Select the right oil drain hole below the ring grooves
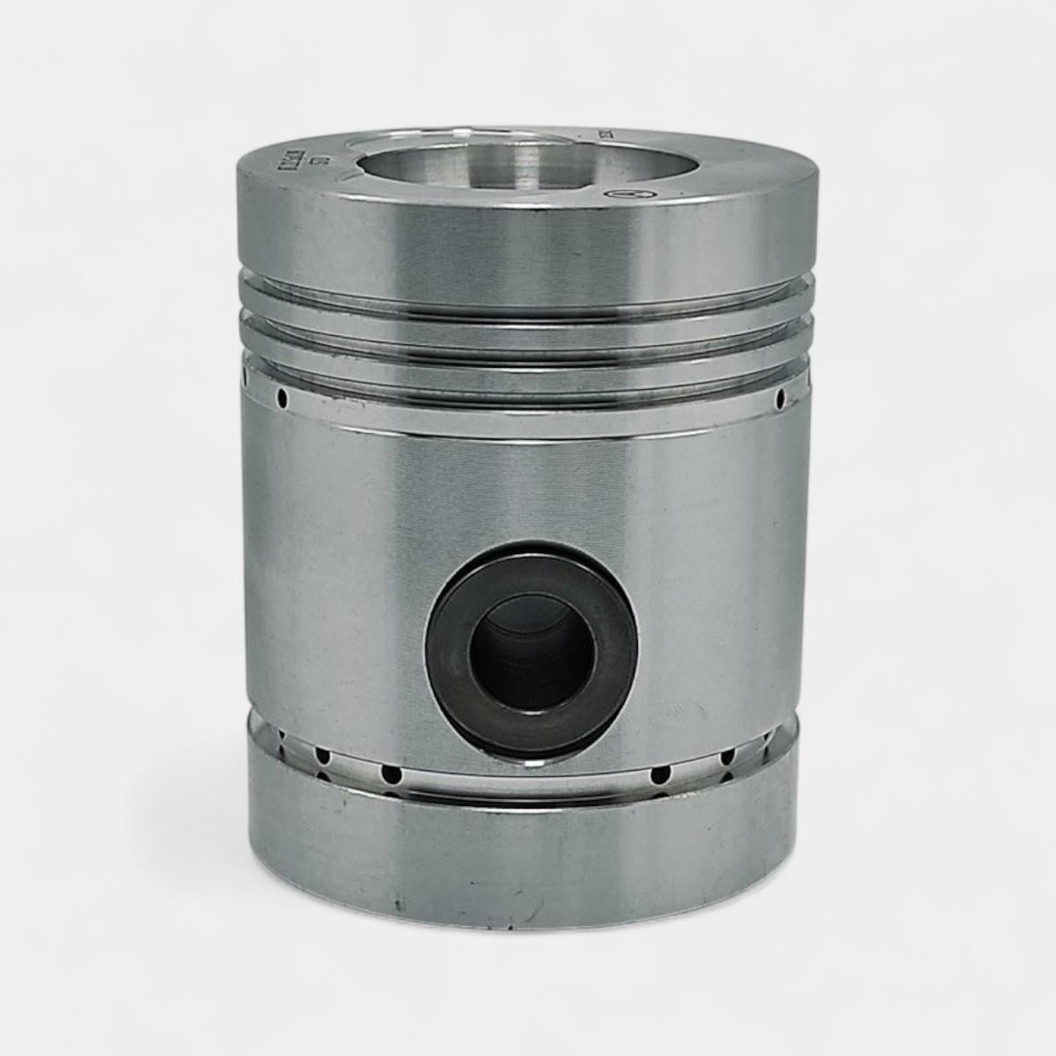(780, 400)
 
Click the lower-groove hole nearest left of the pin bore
(389, 774)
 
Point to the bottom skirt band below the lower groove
(528, 845)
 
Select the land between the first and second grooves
(528, 314)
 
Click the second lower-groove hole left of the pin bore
(323, 756)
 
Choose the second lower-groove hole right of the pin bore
(728, 757)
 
